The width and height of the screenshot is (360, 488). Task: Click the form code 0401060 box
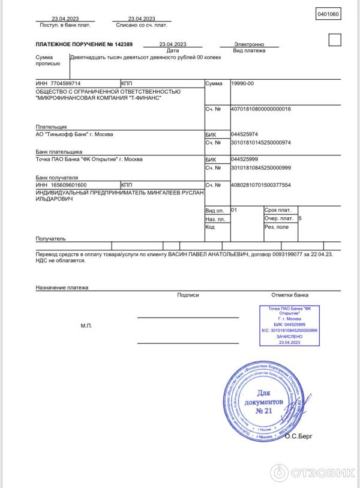coord(328,14)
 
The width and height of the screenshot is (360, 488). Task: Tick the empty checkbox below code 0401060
coord(335,40)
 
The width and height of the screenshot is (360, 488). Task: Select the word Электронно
coord(249,44)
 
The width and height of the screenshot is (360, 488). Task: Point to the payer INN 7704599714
coord(58,83)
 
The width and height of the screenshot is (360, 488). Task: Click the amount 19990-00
coord(242,83)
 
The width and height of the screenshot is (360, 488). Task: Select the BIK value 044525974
coord(244,134)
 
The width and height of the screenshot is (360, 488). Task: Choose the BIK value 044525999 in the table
coord(244,160)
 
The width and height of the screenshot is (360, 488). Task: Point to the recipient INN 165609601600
coord(61,185)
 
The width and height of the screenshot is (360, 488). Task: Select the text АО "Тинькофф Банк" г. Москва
coord(74,134)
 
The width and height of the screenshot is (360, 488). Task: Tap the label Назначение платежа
coord(62,288)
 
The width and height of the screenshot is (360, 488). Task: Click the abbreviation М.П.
coord(86,325)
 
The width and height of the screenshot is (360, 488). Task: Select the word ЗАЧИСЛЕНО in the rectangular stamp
coord(290,337)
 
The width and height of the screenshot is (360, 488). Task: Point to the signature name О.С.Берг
coord(299,436)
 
